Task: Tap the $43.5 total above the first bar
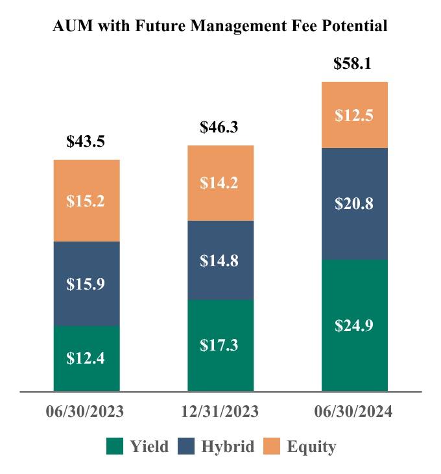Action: [x=86, y=142]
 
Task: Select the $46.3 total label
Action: [x=220, y=127]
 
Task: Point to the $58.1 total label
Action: [x=354, y=64]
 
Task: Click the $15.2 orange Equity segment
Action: [x=86, y=201]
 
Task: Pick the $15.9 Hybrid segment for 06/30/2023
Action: [x=86, y=284]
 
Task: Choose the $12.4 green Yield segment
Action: [x=86, y=358]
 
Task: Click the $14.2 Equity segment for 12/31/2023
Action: [x=220, y=183]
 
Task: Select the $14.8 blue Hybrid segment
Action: [x=220, y=260]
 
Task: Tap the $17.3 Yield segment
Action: [x=220, y=345]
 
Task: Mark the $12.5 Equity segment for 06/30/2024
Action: [x=354, y=115]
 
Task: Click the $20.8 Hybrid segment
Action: [x=354, y=204]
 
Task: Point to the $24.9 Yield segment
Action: [x=354, y=325]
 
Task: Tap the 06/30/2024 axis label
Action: [x=355, y=412]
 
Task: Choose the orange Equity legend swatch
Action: [x=271, y=447]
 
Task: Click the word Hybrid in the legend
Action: [x=228, y=447]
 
